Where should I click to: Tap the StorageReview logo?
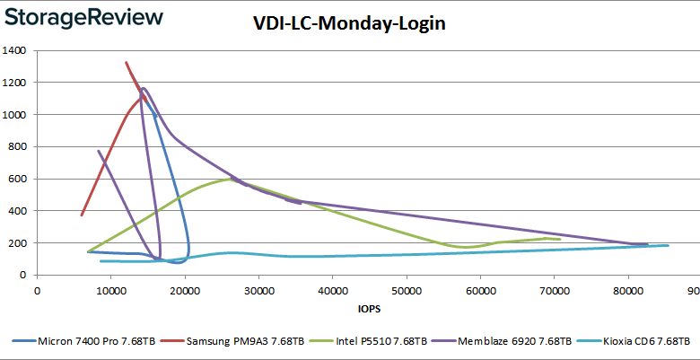[85, 17]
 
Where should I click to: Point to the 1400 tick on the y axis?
[15, 51]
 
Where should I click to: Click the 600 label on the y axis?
[19, 179]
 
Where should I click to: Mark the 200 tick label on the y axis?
[19, 243]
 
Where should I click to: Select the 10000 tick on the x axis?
[111, 291]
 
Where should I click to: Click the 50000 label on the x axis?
[407, 291]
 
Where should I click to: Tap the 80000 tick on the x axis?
[629, 291]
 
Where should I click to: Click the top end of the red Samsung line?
[126, 62]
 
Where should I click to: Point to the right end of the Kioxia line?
[668, 245]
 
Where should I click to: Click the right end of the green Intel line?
[559, 240]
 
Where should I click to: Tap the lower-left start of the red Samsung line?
[82, 215]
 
